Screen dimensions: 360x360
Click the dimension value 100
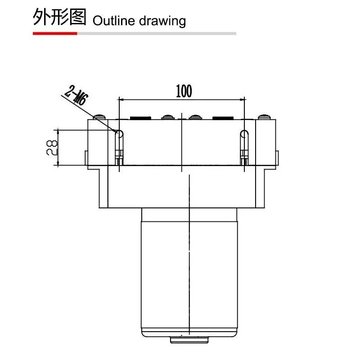(184, 91)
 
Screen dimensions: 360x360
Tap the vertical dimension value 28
(52, 148)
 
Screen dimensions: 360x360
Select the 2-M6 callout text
(76, 95)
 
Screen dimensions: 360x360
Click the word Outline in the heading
(114, 21)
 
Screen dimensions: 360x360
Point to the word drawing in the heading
(162, 21)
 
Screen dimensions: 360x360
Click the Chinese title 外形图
(59, 17)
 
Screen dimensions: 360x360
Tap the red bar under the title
(55, 33)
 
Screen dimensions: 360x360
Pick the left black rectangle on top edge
(140, 118)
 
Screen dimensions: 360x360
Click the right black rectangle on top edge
(223, 118)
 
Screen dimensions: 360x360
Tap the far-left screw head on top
(99, 117)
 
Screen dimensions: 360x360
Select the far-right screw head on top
(264, 117)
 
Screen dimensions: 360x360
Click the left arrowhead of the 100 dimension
(121, 99)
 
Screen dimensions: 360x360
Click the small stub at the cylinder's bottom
(189, 340)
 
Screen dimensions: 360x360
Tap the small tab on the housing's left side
(86, 158)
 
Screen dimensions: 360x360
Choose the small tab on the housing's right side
(277, 158)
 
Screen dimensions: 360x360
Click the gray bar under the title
(157, 33)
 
